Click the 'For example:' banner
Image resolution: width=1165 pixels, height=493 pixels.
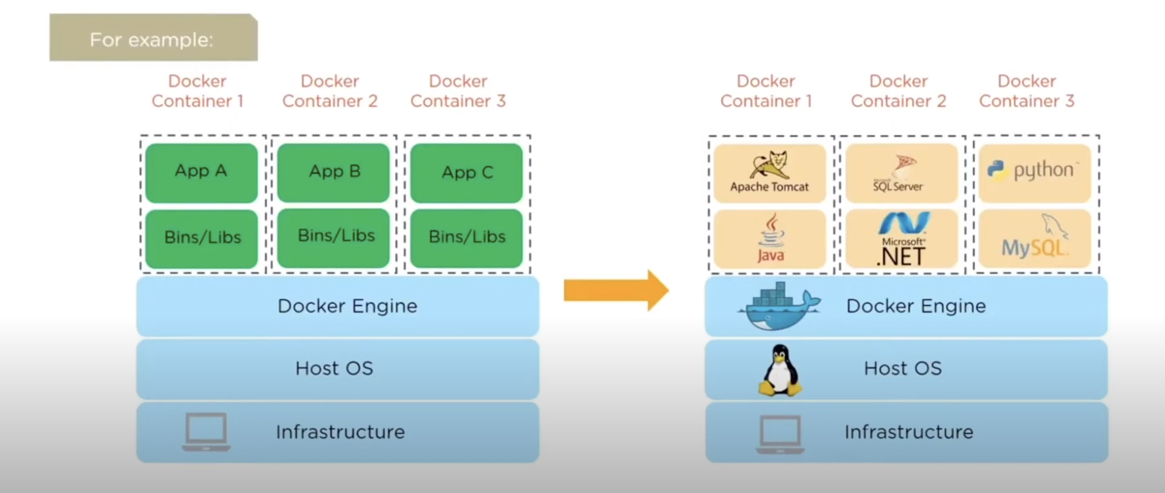(x=153, y=39)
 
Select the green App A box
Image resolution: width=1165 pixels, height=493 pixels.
(x=201, y=172)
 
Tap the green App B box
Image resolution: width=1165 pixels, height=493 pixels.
(x=334, y=172)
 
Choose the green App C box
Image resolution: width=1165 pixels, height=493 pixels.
(x=466, y=173)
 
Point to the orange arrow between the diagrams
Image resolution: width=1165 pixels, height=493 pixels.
(x=615, y=290)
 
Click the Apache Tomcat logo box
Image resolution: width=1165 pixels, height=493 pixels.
(x=769, y=173)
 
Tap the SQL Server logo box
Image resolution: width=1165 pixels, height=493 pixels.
(x=901, y=173)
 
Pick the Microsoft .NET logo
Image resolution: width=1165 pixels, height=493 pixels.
(x=903, y=239)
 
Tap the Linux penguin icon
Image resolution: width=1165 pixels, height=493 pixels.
(x=780, y=370)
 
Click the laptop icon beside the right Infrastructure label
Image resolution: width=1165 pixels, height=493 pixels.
(x=780, y=433)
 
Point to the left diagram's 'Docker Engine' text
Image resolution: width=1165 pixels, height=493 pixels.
(x=347, y=306)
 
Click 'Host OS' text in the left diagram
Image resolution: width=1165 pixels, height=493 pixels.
(x=334, y=368)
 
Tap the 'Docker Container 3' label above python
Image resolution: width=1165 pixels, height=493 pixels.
(x=1027, y=91)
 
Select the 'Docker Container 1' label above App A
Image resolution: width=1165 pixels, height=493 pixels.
(x=197, y=91)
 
